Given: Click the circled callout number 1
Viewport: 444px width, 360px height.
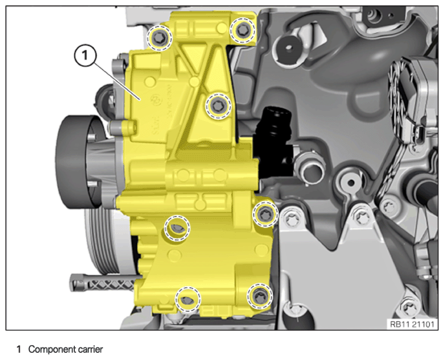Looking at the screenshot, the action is pos(85,56).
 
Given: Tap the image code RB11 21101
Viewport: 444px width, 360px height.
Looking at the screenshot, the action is pos(412,324).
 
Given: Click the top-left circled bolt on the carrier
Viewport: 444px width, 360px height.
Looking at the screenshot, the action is pos(159,38).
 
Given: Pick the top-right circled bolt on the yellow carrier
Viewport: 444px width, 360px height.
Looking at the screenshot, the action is pos(243,30).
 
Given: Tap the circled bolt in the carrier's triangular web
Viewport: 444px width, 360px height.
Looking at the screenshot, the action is pos(218,106).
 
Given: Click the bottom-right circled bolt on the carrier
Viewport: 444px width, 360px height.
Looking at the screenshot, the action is pos(259,296).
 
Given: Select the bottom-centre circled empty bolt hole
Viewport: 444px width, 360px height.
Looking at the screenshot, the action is pos(188,300).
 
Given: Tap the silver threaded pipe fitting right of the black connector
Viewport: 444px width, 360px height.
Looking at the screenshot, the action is pos(310,170).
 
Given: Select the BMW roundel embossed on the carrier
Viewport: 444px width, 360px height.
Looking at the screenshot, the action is pos(156,99).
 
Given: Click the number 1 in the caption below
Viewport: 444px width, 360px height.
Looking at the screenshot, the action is pos(19,349).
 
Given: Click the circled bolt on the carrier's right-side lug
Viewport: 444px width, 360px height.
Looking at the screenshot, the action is pos(265,214).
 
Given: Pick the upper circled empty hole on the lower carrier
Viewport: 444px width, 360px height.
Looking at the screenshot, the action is pos(177,228).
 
